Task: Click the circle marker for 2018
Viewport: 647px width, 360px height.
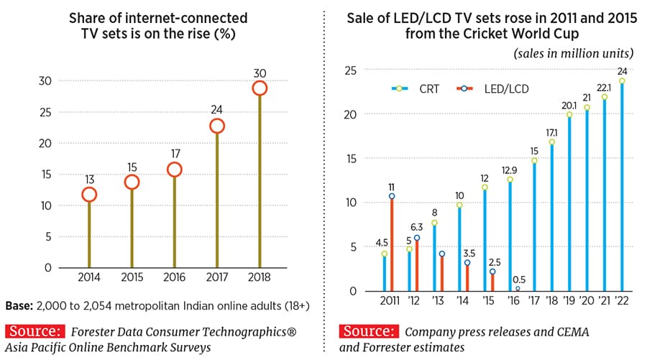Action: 260,88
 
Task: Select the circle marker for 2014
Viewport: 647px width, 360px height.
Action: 88,194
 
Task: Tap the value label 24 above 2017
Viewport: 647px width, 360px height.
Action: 217,110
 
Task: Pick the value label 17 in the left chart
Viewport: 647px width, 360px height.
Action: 174,153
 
